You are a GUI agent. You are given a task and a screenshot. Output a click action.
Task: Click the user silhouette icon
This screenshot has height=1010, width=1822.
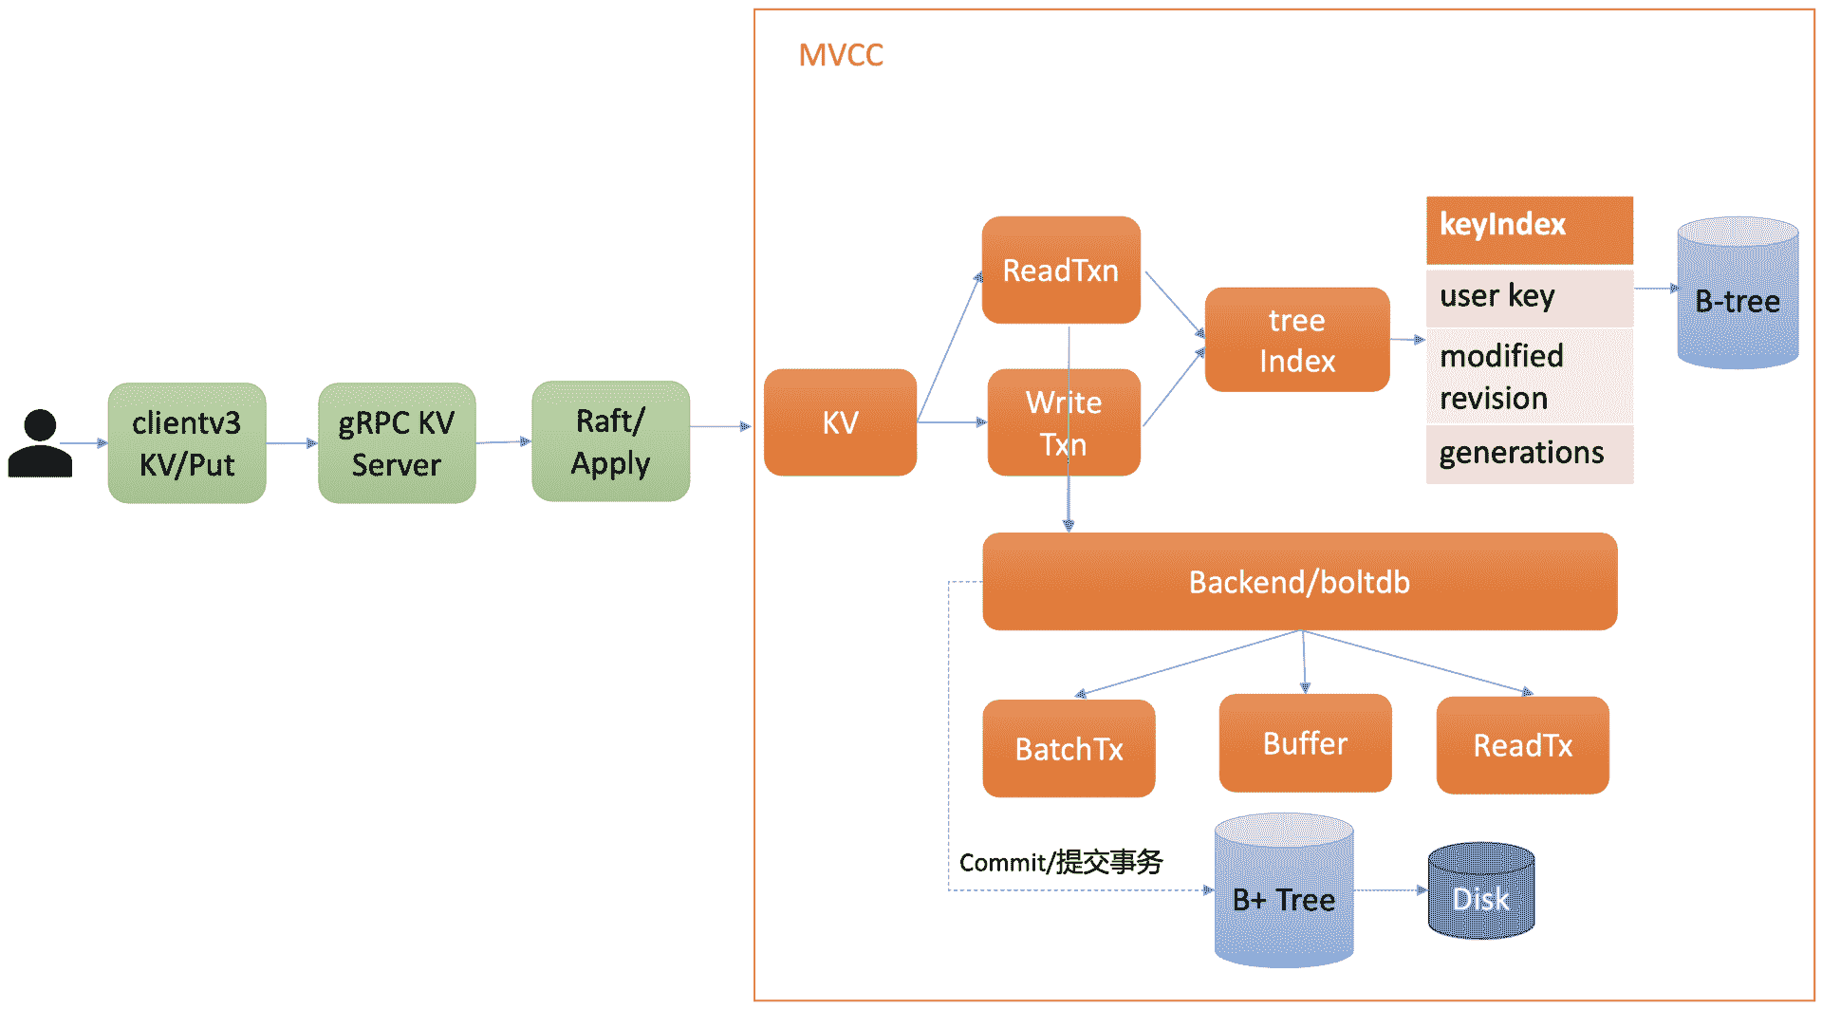pyautogui.click(x=40, y=443)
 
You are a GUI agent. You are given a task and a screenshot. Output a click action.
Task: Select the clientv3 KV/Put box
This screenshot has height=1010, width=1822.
pyautogui.click(x=187, y=443)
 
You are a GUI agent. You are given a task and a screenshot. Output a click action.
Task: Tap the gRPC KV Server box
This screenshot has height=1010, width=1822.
pyautogui.click(x=397, y=443)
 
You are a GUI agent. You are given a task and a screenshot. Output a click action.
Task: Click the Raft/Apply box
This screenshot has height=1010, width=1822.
pyautogui.click(x=610, y=441)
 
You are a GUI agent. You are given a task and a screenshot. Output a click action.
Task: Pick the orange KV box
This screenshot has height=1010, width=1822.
pyautogui.click(x=840, y=422)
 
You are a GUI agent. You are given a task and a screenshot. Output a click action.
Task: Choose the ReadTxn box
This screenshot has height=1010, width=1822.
pyautogui.click(x=1061, y=271)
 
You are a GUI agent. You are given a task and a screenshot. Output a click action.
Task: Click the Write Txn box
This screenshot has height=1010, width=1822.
pyautogui.click(x=1063, y=422)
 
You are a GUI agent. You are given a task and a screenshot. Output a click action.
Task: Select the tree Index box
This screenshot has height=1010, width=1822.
pyautogui.click(x=1296, y=340)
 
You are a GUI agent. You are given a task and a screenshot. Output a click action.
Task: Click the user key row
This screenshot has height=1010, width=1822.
pyautogui.click(x=1529, y=297)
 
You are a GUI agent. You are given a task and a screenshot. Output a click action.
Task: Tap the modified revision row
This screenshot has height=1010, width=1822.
pyautogui.click(x=1529, y=376)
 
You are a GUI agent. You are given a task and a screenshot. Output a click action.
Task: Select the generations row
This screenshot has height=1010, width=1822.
pyautogui.click(x=1529, y=454)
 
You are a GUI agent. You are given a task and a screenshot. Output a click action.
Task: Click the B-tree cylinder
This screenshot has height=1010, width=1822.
pyautogui.click(x=1738, y=294)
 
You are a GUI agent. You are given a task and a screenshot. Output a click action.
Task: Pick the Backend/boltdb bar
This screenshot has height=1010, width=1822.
pyautogui.click(x=1299, y=582)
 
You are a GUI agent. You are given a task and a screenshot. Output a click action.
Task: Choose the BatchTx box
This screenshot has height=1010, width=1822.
pyautogui.click(x=1069, y=749)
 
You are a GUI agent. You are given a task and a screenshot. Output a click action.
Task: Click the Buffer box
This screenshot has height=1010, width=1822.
pyautogui.click(x=1305, y=743)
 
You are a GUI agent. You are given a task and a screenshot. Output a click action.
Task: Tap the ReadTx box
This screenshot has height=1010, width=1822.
pyautogui.click(x=1522, y=745)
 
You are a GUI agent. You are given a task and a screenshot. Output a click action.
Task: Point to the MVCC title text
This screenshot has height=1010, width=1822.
pyautogui.click(x=841, y=55)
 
